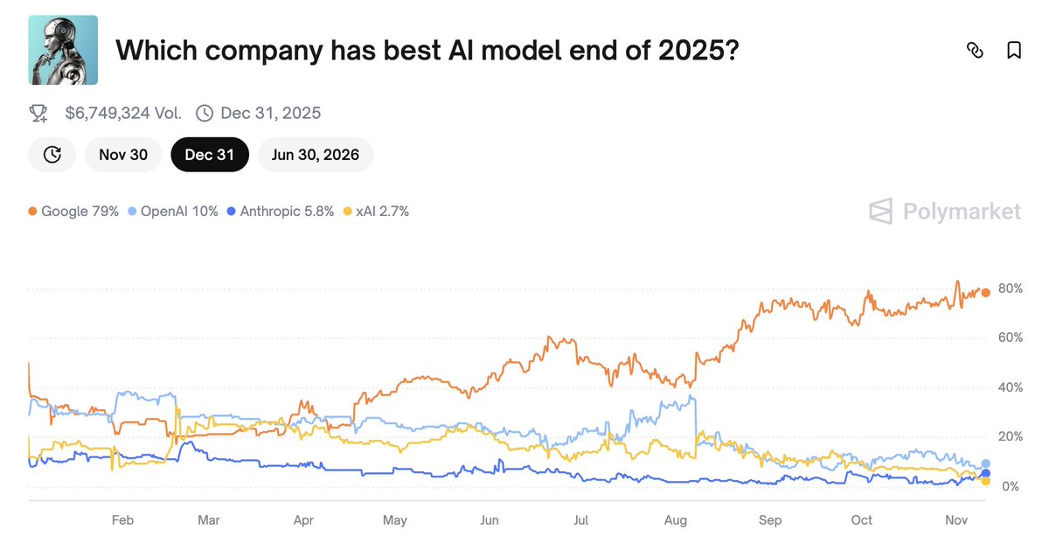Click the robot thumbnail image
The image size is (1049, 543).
pyautogui.click(x=63, y=50)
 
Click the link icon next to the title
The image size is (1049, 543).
pyautogui.click(x=975, y=50)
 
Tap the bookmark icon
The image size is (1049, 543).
pyautogui.click(x=1014, y=50)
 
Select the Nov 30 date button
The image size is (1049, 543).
pyautogui.click(x=123, y=155)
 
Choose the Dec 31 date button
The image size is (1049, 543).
pyautogui.click(x=210, y=155)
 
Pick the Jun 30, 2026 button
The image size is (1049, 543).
pyautogui.click(x=315, y=155)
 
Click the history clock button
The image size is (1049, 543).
pyautogui.click(x=52, y=155)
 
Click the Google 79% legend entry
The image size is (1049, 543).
pyautogui.click(x=73, y=211)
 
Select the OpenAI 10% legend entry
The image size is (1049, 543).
pyautogui.click(x=173, y=211)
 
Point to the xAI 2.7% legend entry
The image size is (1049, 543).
pyautogui.click(x=376, y=211)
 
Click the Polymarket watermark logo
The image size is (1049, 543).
pyautogui.click(x=944, y=212)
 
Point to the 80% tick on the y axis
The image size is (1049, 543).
pyautogui.click(x=1011, y=289)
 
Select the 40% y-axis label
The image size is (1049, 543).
pyautogui.click(x=1011, y=387)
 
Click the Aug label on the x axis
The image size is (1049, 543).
pyautogui.click(x=676, y=520)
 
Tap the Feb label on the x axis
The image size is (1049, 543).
pyautogui.click(x=122, y=520)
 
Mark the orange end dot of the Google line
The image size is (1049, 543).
pyautogui.click(x=985, y=293)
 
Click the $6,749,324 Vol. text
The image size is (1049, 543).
pyautogui.click(x=123, y=113)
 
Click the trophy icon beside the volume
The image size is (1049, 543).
pyautogui.click(x=38, y=113)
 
